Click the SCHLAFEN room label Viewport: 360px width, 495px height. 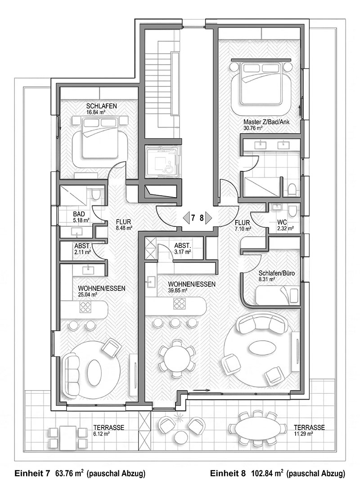(102, 106)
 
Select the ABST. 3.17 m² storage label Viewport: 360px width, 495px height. (182, 248)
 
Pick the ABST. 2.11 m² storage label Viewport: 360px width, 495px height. (83, 249)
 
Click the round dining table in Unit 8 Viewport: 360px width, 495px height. (176, 359)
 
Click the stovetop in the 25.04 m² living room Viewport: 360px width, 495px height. (85, 306)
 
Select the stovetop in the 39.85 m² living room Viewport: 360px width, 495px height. (179, 305)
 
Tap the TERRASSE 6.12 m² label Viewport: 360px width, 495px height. (108, 431)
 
